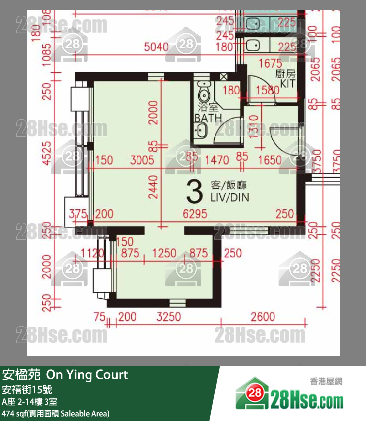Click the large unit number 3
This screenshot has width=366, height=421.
[x=195, y=192]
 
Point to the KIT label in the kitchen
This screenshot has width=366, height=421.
[x=287, y=84]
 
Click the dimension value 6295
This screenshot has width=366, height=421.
[x=195, y=214]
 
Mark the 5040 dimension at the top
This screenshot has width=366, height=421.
[x=159, y=47]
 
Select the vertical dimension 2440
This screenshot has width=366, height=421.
[x=153, y=187]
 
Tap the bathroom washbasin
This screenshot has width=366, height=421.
[x=201, y=131]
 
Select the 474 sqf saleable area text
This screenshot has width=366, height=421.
[x=56, y=413]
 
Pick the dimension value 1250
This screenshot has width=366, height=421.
[x=164, y=253]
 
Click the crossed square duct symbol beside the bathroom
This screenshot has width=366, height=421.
[x=224, y=77]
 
